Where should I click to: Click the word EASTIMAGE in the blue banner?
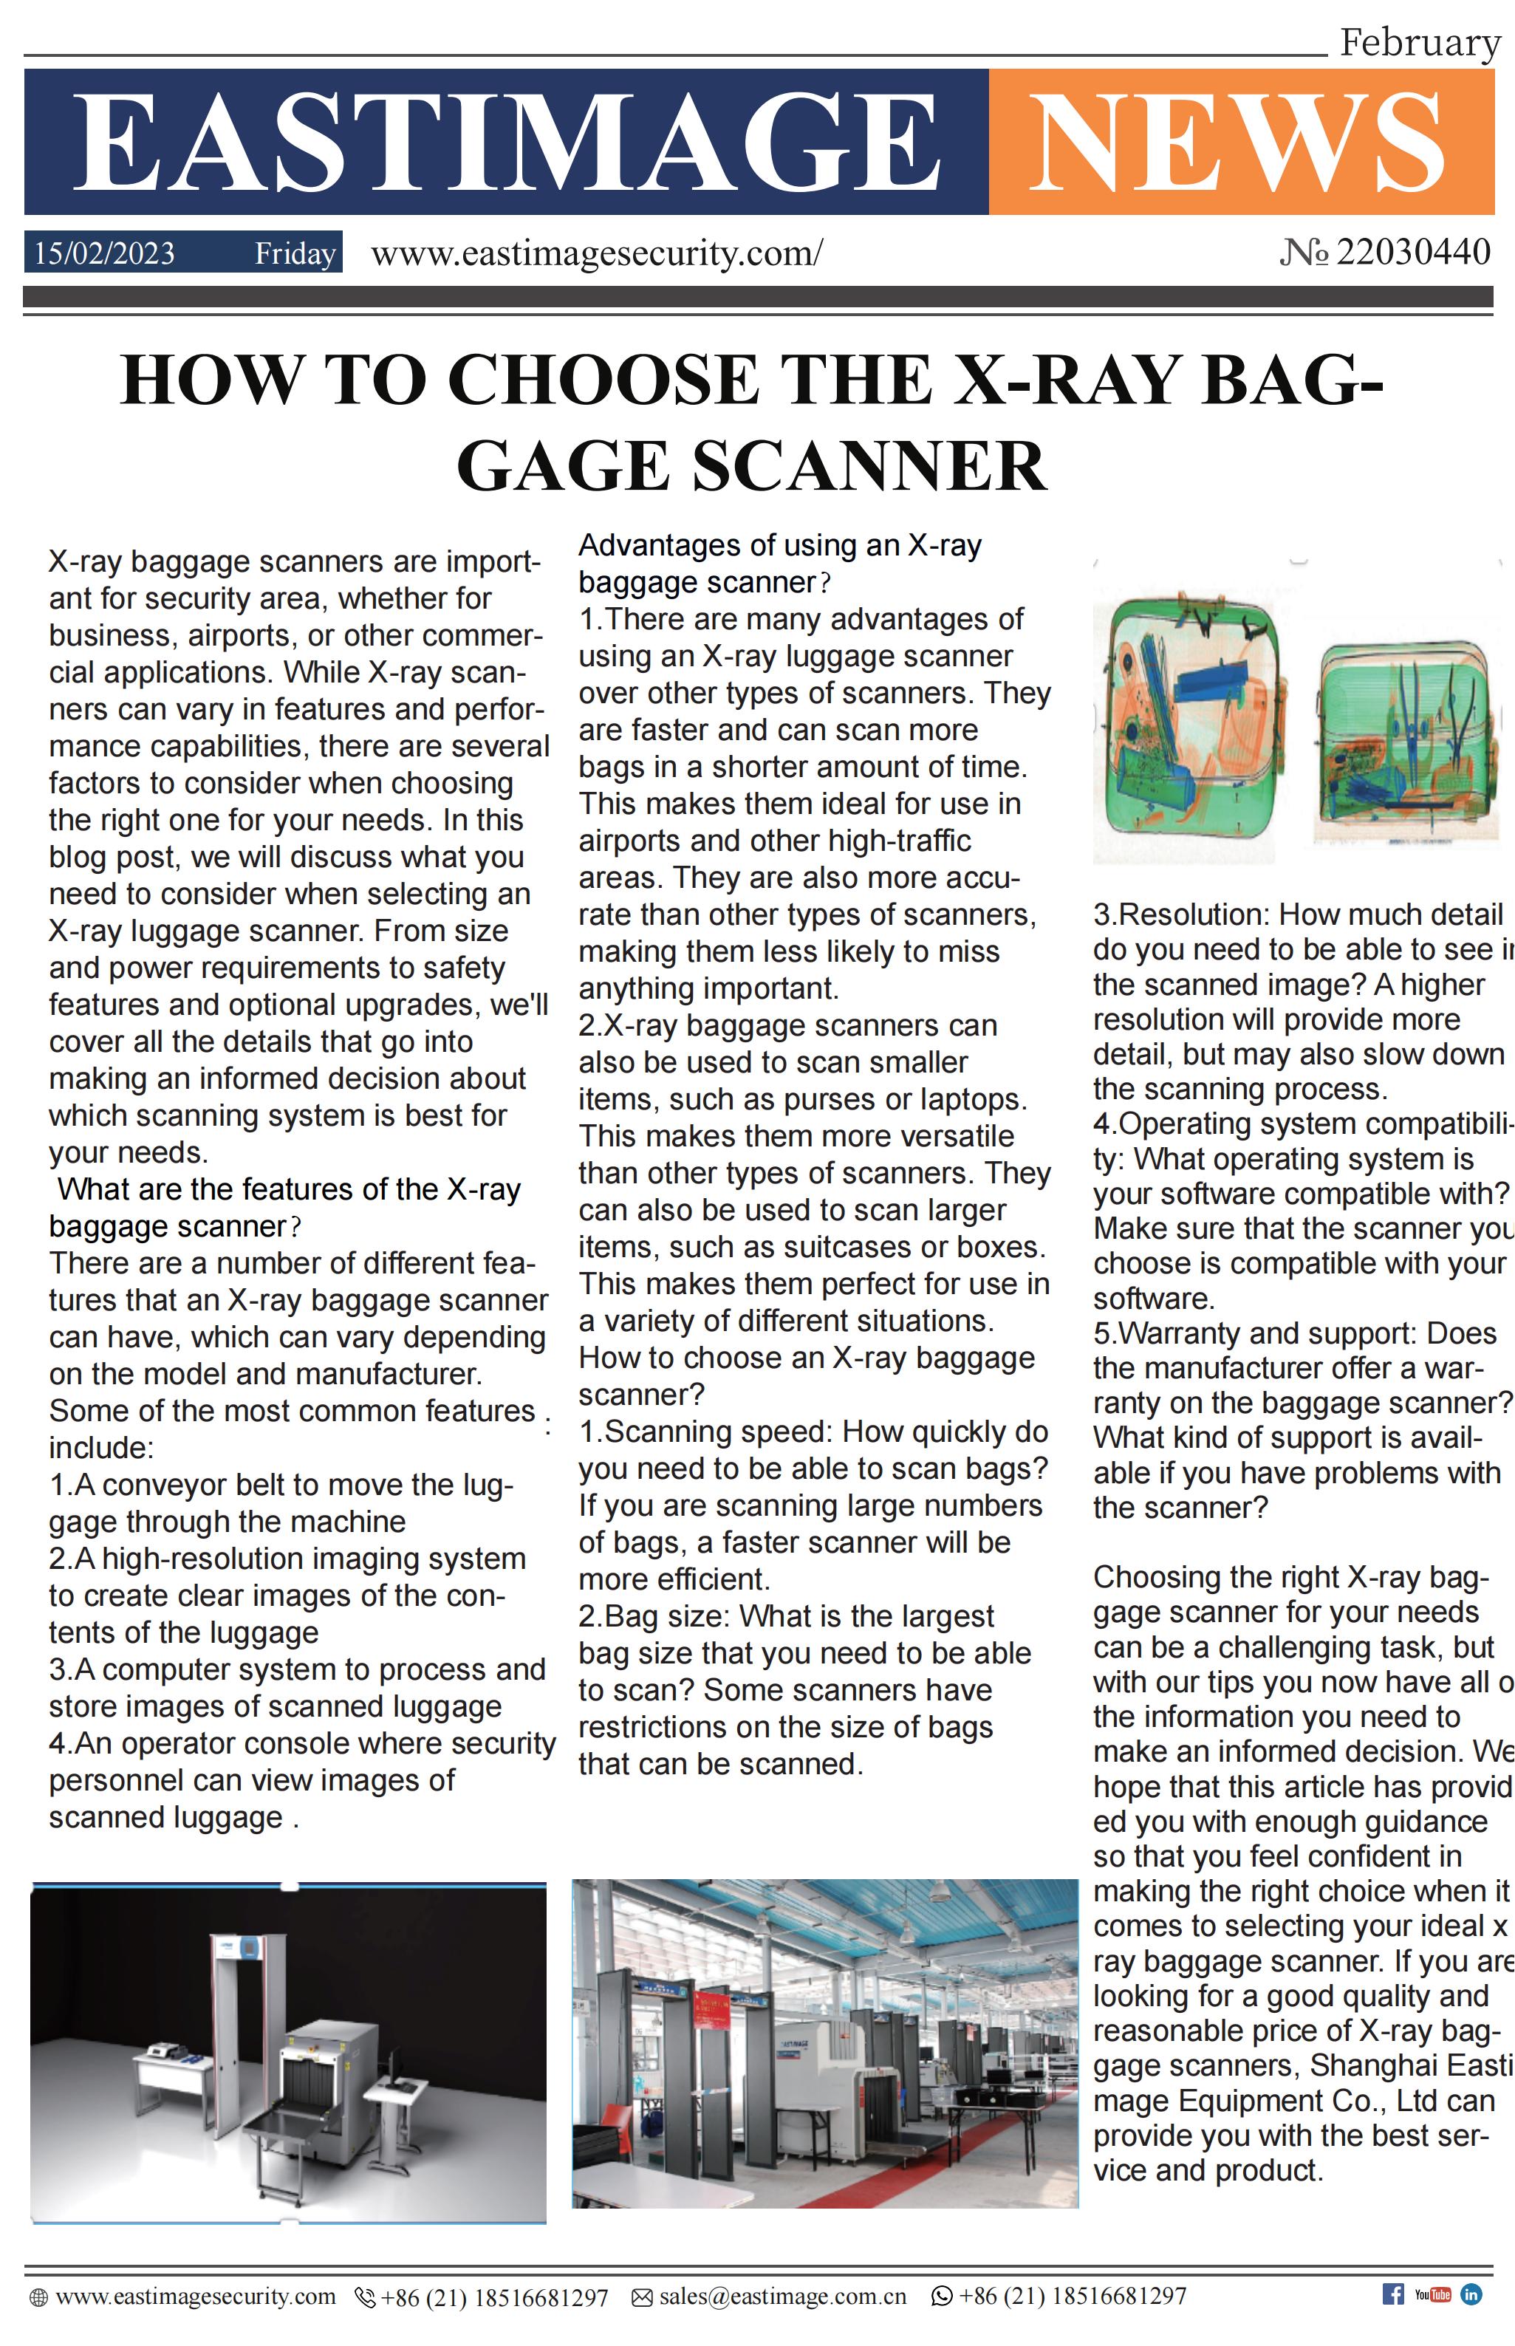(507, 142)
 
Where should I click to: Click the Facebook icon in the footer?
(1393, 2293)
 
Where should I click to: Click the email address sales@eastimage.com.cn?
(782, 2296)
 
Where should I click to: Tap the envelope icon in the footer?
(641, 2297)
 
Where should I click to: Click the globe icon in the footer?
(38, 2297)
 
